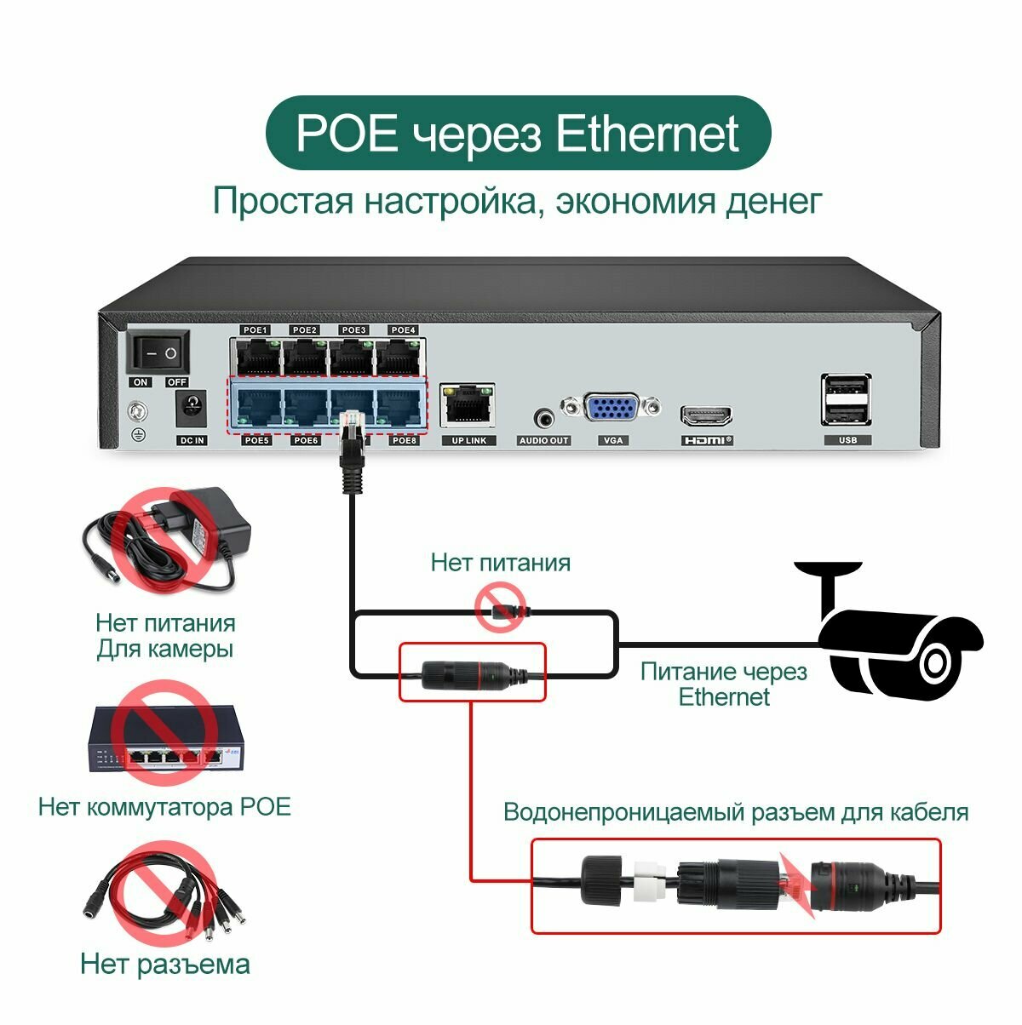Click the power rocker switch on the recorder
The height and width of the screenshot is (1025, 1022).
[159, 352]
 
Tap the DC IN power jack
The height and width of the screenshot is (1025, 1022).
[192, 409]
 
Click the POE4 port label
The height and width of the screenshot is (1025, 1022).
[402, 329]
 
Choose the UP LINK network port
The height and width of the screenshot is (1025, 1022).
[468, 405]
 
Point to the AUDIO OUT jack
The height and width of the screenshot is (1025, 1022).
[543, 418]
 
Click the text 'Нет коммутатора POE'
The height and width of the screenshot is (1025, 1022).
[164, 806]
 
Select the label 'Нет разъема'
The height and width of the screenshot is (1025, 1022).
[165, 964]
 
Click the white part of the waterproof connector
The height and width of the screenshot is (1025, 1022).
[652, 885]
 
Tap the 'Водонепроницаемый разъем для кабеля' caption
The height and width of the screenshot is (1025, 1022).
[736, 811]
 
